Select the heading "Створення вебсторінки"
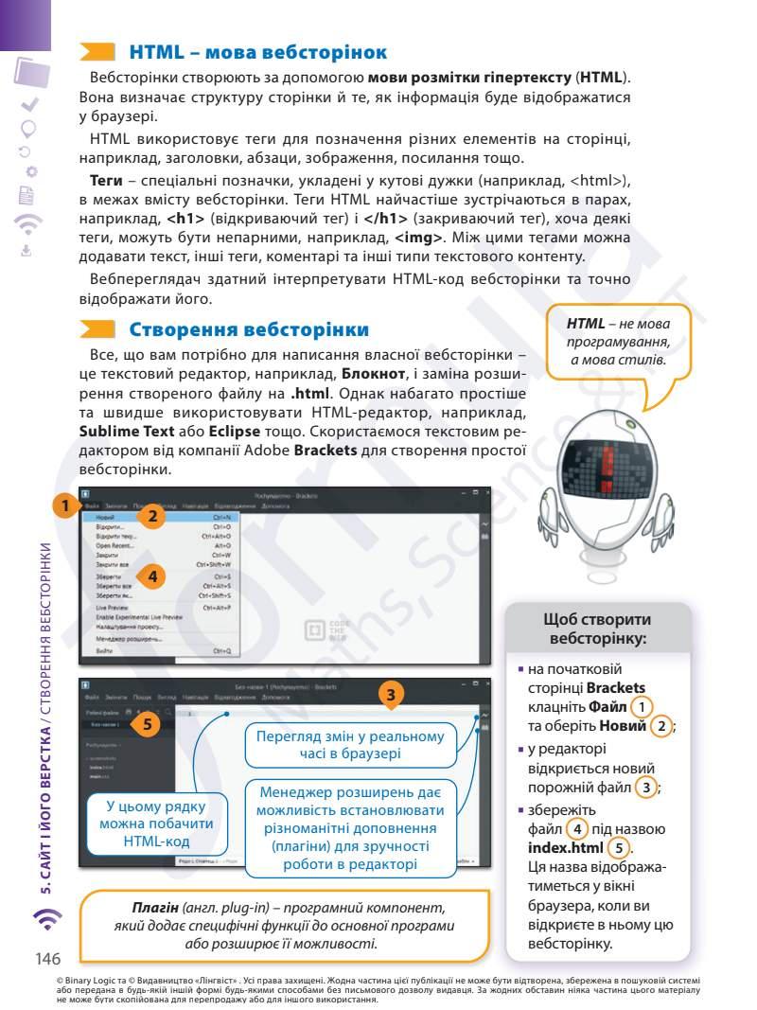pos(249,330)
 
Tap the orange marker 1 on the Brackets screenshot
pos(63,505)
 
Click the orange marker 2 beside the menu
pos(152,517)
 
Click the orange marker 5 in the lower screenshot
pos(145,724)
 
